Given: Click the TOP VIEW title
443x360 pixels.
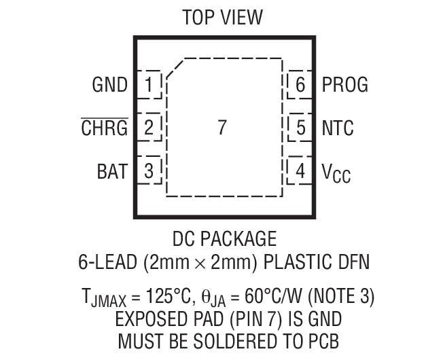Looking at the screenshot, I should tap(221, 17).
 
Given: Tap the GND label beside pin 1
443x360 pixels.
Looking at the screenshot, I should tap(109, 85).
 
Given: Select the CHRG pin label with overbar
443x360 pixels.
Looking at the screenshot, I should tap(105, 127).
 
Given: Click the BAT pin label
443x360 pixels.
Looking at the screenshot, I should tap(111, 172).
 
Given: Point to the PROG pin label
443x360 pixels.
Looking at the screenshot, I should tap(344, 85).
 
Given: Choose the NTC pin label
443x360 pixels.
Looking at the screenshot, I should tap(338, 128).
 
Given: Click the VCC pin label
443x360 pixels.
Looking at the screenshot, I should tap(336, 174).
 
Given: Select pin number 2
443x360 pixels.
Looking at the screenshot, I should tap(149, 128).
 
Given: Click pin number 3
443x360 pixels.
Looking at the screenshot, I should tap(149, 172).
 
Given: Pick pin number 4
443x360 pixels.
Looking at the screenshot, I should tap(300, 172).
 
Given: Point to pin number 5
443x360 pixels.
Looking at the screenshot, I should tap(300, 128).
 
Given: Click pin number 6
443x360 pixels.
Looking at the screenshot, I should tap(300, 85).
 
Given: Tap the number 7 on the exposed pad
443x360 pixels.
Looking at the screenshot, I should tap(221, 128).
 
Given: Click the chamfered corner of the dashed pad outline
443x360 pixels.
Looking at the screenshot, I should tap(176, 69).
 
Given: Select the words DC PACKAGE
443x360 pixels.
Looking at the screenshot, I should tap(224, 239).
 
